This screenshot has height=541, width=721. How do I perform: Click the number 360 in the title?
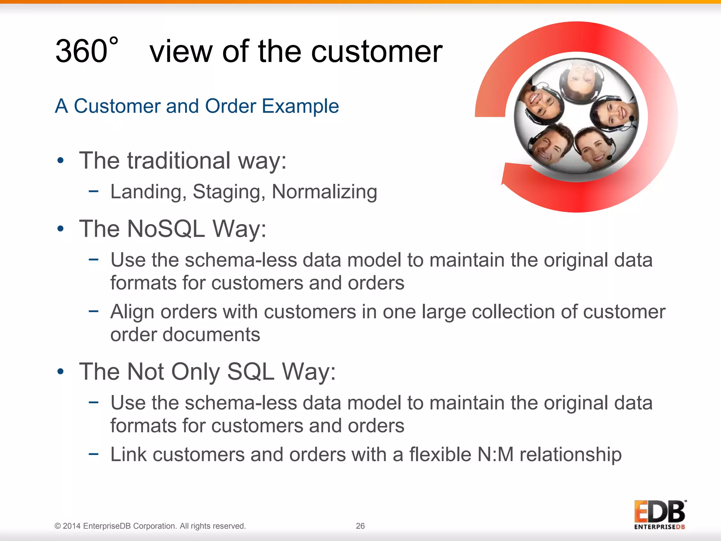81,51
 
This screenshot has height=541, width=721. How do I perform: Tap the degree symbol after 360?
113,41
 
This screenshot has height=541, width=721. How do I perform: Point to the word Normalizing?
324,192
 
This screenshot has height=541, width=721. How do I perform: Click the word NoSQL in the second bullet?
166,229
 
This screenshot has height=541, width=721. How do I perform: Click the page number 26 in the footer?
360,526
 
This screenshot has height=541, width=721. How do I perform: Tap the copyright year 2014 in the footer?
72,526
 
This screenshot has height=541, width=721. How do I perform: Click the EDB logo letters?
659,512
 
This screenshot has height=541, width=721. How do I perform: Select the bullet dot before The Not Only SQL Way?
61,372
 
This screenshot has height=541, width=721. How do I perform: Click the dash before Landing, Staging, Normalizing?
93,192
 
